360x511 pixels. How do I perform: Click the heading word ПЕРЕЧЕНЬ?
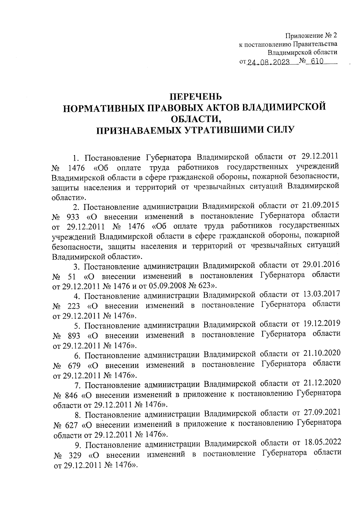(196, 97)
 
